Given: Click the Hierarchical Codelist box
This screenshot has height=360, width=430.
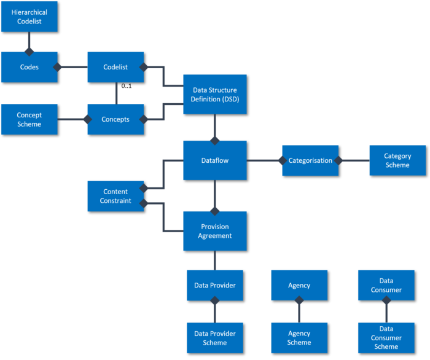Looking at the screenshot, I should pos(29,17).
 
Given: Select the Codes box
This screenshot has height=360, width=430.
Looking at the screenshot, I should pos(29,67).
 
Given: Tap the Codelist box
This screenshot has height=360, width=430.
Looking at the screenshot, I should pos(115,67).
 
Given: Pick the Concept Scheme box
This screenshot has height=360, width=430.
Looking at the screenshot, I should pos(29,119).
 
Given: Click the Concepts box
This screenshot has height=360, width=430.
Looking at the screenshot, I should pos(115,119).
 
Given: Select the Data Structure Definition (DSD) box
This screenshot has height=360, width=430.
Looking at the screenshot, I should pos(214,94).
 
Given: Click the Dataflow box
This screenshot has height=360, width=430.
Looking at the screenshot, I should pos(214,160).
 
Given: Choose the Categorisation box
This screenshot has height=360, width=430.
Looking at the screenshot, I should pos(310,160).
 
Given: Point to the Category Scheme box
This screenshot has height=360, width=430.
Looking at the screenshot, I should pos(397,160).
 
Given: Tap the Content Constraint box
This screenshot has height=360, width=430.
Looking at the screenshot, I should pos(115,196).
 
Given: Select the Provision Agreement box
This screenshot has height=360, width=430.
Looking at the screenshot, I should pos(214,231).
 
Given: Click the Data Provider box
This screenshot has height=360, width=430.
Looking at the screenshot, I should pos(214,285).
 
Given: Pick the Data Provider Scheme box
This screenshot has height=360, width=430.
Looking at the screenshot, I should pos(214,338).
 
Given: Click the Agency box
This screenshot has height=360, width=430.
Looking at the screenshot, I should pos(299,285).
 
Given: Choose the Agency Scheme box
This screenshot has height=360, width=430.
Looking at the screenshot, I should pos(299,338).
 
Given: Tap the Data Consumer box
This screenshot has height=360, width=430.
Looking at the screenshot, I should pos(386,285).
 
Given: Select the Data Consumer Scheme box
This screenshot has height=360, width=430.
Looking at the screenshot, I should pos(386,338).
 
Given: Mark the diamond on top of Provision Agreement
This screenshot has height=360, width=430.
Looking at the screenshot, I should pos(214,211).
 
